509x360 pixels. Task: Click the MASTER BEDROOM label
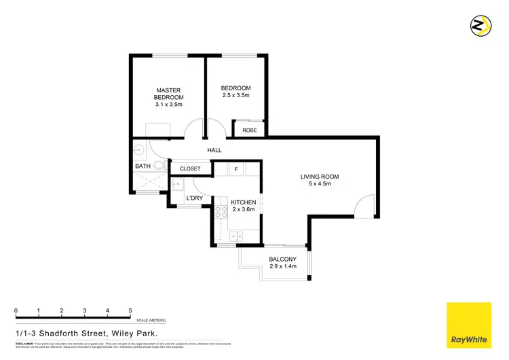pyautogui.click(x=168, y=98)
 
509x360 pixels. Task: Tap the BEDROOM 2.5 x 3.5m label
pyautogui.click(x=235, y=92)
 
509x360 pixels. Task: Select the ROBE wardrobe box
pyautogui.click(x=249, y=129)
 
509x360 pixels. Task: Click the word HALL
pyautogui.click(x=214, y=150)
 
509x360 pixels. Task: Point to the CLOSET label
pyautogui.click(x=190, y=168)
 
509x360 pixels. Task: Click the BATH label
pyautogui.click(x=143, y=166)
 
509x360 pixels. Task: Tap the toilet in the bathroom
pyautogui.click(x=160, y=166)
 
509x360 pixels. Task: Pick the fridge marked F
pyautogui.click(x=236, y=168)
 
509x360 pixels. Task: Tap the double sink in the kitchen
pyautogui.click(x=238, y=236)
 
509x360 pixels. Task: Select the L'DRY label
pyautogui.click(x=195, y=198)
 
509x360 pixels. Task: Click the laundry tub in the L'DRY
pyautogui.click(x=176, y=185)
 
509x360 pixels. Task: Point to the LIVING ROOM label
pyautogui.click(x=320, y=181)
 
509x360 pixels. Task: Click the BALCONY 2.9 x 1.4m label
pyautogui.click(x=282, y=264)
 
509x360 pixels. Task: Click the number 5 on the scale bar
pyautogui.click(x=130, y=311)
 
